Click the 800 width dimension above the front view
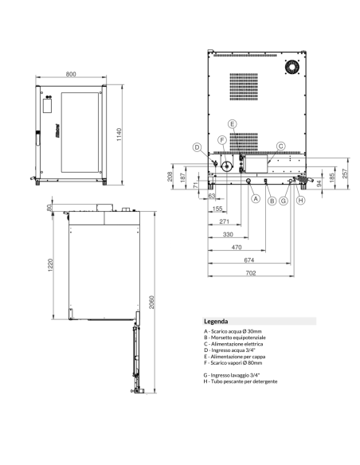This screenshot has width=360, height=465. coord(72,74)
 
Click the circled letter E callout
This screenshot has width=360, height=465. coord(231,124)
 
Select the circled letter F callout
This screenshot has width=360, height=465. coord(223,140)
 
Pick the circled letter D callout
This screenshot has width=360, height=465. coord(195,147)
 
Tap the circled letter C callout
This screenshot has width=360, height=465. coord(280,147)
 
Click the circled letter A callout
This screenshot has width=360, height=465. coord(256,200)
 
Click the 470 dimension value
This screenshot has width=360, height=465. coord(237,248)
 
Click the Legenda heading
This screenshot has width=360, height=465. coord(217,320)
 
